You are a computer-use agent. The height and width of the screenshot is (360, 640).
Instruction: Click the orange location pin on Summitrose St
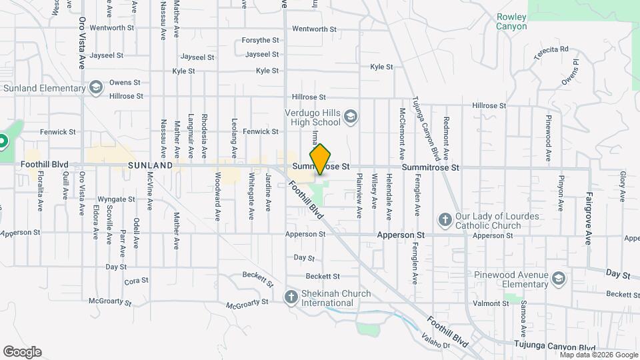[x=321, y=159]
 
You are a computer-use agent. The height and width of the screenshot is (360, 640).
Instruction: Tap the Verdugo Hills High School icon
[x=351, y=118]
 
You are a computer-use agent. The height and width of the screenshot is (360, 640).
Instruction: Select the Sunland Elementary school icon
[x=96, y=88]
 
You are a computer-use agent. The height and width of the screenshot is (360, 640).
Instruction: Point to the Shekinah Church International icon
[x=291, y=297]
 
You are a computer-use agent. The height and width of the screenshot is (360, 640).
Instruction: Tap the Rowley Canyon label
[x=511, y=21]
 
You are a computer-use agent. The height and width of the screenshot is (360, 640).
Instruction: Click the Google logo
[x=22, y=352]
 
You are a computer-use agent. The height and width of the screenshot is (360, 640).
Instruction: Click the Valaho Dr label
[x=435, y=342]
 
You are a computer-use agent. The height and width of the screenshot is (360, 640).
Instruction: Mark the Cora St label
[x=136, y=281]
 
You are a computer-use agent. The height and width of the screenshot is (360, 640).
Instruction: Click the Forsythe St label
[x=260, y=40]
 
